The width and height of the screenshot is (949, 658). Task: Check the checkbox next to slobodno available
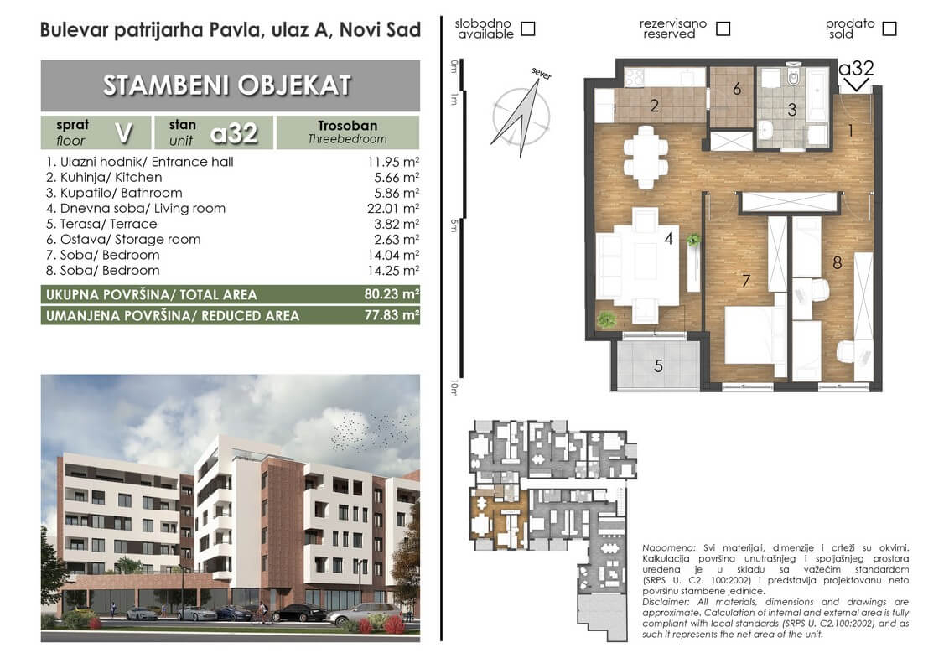(528, 28)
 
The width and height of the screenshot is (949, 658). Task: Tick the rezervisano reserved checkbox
(723, 28)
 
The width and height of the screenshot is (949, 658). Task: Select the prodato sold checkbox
(889, 28)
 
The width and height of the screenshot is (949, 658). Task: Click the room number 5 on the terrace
(658, 365)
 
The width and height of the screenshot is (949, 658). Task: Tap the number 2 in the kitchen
(654, 106)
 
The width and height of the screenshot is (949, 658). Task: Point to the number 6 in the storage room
(737, 89)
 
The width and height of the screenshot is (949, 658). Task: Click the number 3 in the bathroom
(792, 110)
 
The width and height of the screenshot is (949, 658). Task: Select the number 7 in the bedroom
(746, 281)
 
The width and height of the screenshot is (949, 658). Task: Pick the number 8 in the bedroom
(837, 262)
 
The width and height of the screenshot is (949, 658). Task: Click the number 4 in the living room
(668, 239)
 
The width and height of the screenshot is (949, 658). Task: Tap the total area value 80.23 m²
(392, 294)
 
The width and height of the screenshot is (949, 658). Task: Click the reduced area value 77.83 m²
(392, 315)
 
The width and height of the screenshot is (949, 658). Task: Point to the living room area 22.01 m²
(393, 208)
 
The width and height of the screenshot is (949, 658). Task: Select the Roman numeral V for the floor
(124, 132)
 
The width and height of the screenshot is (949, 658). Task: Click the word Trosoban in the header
(347, 125)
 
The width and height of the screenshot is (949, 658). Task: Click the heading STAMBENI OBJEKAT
(227, 85)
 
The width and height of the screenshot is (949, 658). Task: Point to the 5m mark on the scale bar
(454, 226)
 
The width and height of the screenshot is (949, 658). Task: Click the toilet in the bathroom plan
(793, 77)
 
